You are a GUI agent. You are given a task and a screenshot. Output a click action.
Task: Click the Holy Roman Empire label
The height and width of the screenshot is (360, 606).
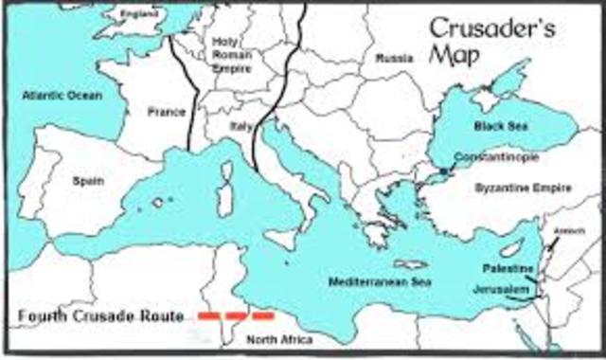231,54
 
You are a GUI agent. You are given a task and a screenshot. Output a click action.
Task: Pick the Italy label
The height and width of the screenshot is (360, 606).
239,124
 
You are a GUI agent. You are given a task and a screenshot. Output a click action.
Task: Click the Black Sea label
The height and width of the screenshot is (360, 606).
497,125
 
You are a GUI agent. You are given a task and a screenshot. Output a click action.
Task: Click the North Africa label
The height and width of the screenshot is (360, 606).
276,338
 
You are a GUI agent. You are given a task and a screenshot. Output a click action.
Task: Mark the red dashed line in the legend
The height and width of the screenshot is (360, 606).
236,315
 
